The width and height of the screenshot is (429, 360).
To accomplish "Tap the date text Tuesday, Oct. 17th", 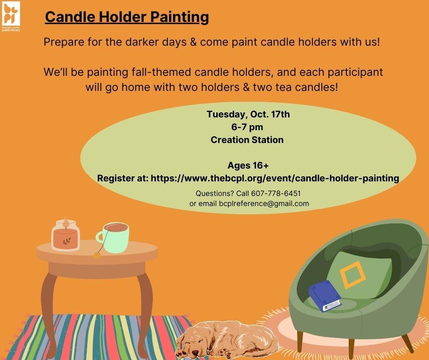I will [248, 114].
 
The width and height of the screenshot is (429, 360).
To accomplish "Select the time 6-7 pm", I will [247, 127].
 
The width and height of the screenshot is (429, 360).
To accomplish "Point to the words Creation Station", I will [247, 140].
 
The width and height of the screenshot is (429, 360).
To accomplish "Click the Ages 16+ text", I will [248, 165].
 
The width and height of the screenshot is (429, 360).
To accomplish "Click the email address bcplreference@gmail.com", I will [264, 203].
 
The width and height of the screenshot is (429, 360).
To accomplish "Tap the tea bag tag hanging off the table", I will [96, 255].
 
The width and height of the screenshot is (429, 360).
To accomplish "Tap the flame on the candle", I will [65, 221].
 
